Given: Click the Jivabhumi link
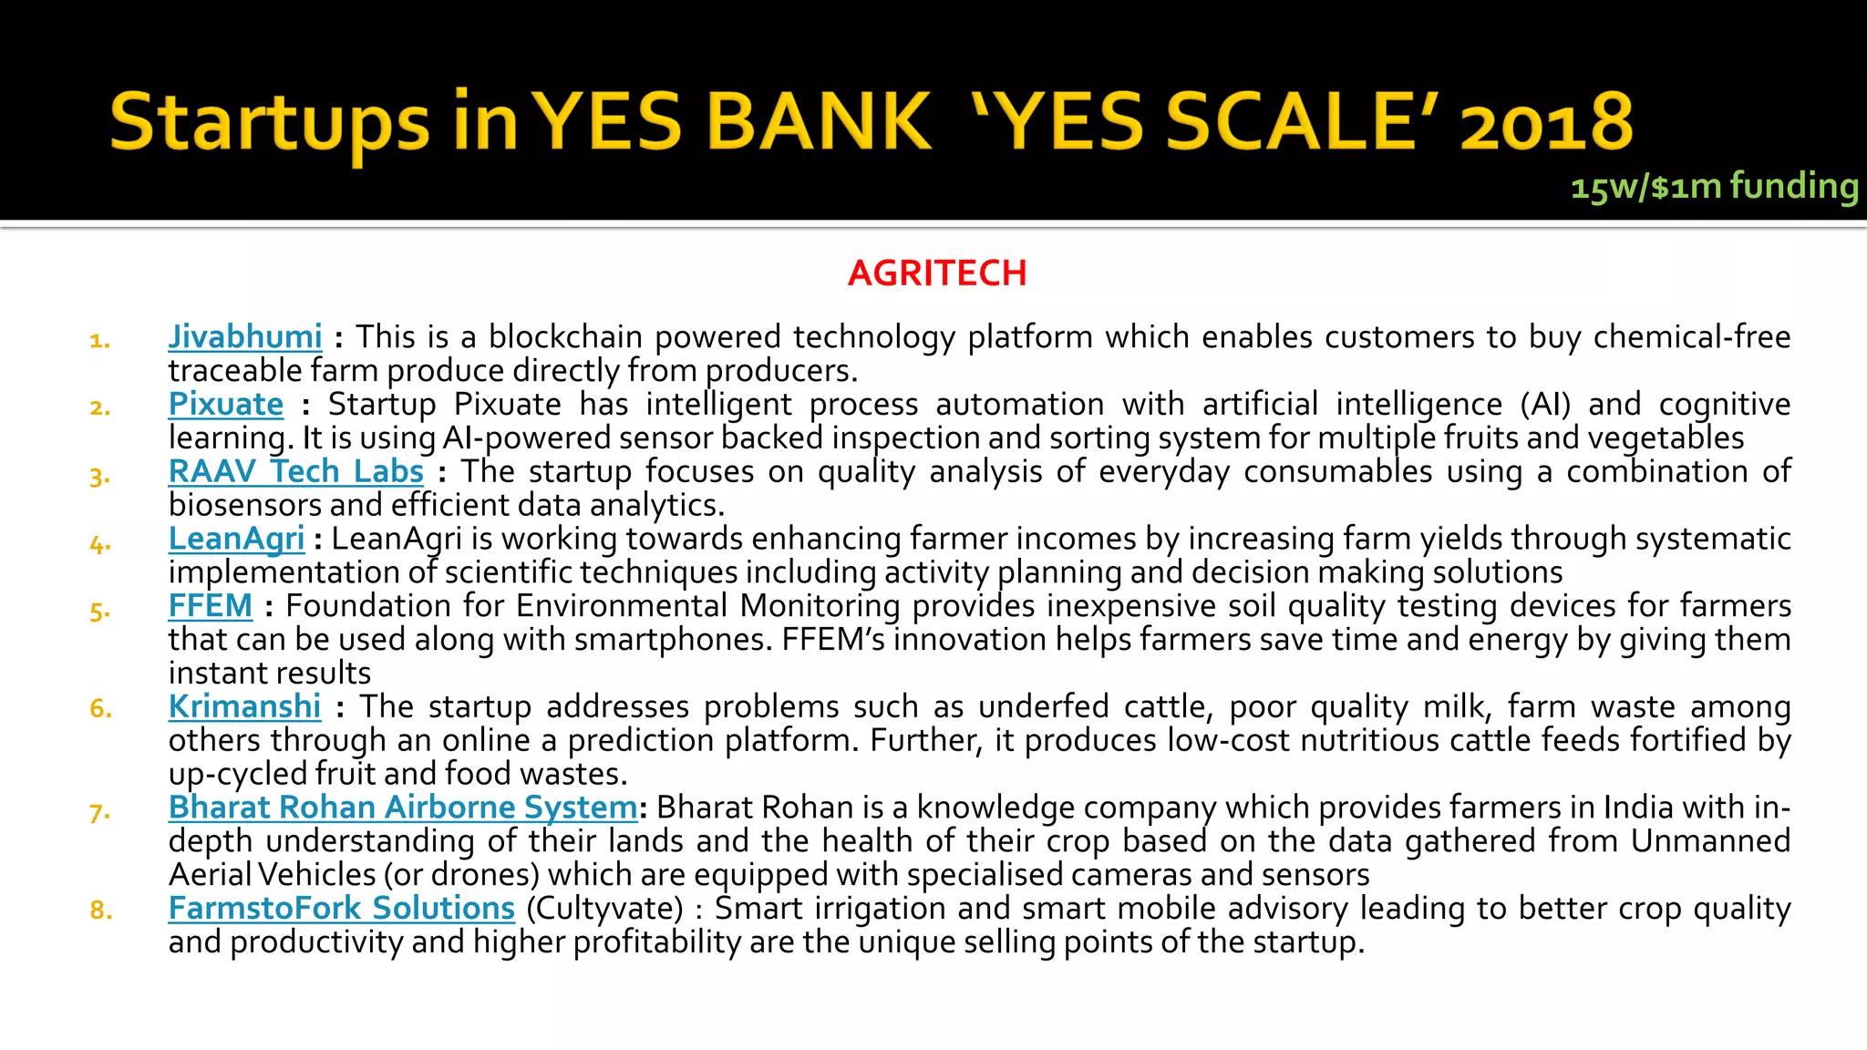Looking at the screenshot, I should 245,337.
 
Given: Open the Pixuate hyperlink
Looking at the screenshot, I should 226,405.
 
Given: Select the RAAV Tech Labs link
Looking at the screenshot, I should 296,472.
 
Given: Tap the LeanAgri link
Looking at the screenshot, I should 236,539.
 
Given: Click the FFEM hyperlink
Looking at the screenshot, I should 211,606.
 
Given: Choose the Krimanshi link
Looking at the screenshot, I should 244,707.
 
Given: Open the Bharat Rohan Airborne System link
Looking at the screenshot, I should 403,808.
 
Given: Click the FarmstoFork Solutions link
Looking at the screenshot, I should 342,909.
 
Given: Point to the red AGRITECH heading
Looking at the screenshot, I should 937,273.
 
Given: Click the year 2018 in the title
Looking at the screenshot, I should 1546,123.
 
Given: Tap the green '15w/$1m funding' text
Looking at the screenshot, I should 1714,187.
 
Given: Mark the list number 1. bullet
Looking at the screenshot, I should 100,341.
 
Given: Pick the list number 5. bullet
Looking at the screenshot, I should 100,611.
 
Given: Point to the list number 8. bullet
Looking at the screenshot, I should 101,911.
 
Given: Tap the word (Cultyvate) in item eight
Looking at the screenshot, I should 604,909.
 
